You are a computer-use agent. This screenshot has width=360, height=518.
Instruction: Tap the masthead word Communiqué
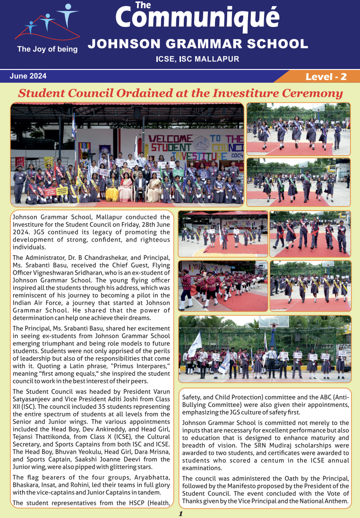197,18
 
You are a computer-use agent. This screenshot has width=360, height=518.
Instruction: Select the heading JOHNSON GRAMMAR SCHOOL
198,44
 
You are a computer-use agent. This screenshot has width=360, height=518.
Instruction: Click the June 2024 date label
28,76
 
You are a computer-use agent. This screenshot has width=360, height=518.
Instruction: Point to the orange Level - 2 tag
326,77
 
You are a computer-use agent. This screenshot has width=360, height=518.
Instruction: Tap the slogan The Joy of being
47,49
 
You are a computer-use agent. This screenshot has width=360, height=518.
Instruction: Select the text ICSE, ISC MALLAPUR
197,59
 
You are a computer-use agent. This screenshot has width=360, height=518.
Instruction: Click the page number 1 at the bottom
180,513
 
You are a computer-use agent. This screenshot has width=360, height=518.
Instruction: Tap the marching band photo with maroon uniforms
223,285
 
